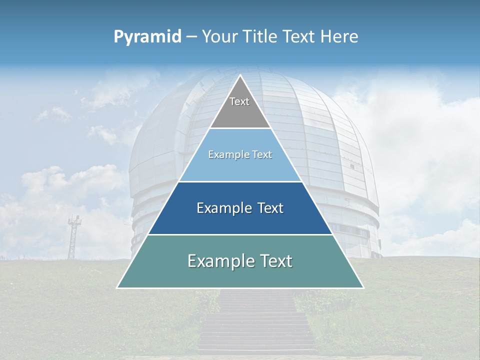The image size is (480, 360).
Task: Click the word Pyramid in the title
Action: pyautogui.click(x=147, y=37)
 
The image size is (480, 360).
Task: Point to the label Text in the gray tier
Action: pyautogui.click(x=239, y=101)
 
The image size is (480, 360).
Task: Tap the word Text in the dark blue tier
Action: pyautogui.click(x=268, y=208)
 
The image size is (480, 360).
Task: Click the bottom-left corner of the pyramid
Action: pyautogui.click(x=117, y=288)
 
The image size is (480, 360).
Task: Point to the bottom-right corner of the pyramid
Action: pyautogui.click(x=363, y=288)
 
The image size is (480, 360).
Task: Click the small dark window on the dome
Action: pyautogui.click(x=352, y=166)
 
